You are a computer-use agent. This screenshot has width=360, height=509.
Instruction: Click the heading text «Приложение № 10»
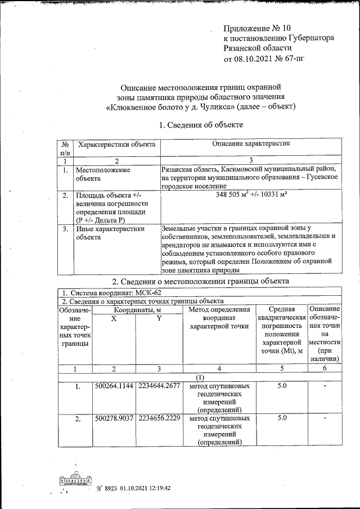[x=258, y=28]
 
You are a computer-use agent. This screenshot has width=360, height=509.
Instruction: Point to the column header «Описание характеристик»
[x=251, y=145]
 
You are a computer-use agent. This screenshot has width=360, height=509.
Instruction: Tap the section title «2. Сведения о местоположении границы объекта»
[x=201, y=281]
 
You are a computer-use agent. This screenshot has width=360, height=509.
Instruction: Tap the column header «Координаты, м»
[x=138, y=309]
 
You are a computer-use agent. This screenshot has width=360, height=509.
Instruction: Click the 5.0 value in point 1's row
[x=282, y=387]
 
